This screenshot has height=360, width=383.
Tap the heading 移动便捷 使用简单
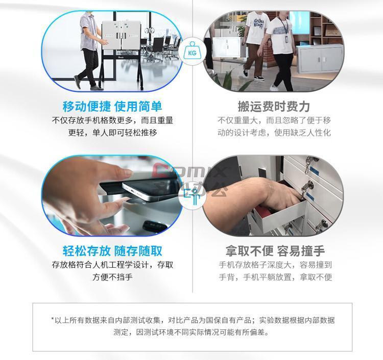(x=112, y=107)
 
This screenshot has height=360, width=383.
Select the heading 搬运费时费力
(x=274, y=107)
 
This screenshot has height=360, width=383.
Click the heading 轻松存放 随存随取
(x=112, y=251)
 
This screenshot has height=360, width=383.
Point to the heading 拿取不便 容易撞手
(x=275, y=251)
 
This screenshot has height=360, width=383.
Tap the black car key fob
(x=155, y=225)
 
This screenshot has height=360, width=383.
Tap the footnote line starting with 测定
(x=191, y=332)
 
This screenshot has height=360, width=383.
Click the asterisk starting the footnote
(x=53, y=319)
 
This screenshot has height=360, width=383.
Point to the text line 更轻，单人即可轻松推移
(x=112, y=133)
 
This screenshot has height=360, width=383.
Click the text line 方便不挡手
(x=112, y=277)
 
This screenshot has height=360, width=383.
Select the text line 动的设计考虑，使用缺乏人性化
(x=274, y=133)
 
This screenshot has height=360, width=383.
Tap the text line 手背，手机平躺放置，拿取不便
(x=275, y=277)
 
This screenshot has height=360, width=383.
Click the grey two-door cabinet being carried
(x=321, y=59)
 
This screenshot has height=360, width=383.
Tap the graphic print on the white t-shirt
(x=258, y=23)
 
